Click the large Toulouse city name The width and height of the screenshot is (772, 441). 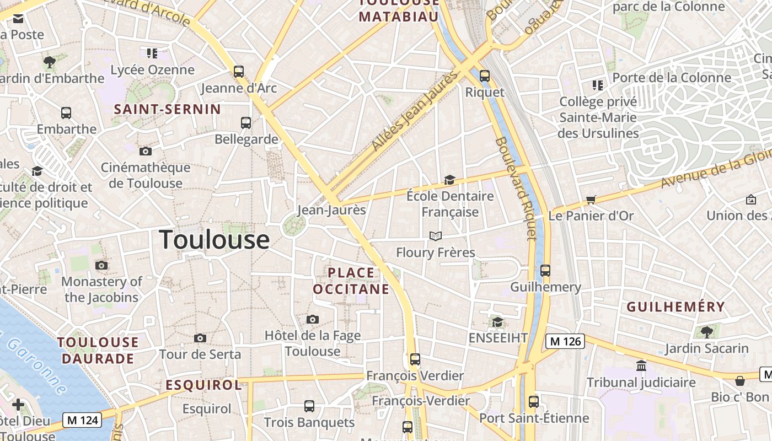point(214,240)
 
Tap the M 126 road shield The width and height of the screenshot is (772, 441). point(565,341)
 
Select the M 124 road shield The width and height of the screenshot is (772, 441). point(82,420)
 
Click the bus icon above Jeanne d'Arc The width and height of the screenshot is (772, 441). point(238,71)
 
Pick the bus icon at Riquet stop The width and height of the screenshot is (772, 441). point(484,76)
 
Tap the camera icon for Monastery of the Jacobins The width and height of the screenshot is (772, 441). point(101,265)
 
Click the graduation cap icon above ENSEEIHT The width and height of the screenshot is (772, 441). point(497,322)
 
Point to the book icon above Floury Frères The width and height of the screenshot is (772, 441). point(435,236)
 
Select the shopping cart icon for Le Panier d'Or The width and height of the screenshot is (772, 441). point(591,200)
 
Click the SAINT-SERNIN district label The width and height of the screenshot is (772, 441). point(167,109)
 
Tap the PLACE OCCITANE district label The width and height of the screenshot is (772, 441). point(351,281)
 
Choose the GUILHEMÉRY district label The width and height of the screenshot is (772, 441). point(675,307)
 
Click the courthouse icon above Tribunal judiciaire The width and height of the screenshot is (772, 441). point(641,365)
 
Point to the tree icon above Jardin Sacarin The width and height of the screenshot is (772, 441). point(706,332)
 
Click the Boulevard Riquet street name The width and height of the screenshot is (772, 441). point(516,188)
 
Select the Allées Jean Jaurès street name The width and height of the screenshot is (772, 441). point(415,111)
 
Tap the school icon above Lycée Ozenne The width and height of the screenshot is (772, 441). point(152,53)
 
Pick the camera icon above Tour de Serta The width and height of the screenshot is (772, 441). point(200,338)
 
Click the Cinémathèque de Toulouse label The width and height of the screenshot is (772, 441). point(146,175)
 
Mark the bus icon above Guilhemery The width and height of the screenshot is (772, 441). point(545,271)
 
